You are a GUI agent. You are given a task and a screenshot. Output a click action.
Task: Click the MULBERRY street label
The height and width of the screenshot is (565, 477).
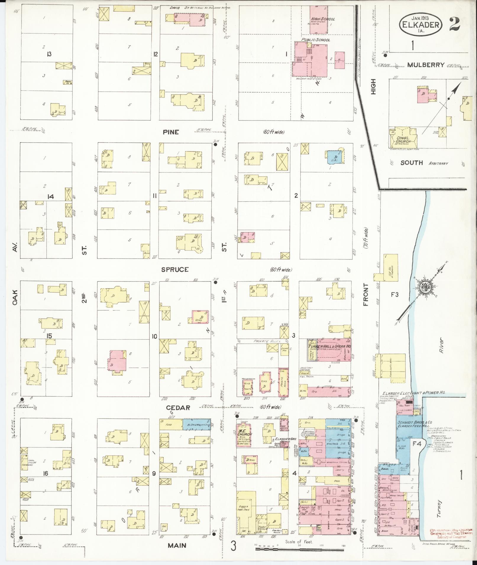426,65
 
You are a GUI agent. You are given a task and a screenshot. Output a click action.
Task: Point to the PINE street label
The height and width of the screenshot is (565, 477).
171,132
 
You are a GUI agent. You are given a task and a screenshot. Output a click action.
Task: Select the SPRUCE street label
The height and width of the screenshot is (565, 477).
175,269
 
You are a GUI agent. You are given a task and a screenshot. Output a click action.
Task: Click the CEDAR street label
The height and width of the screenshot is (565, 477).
178,408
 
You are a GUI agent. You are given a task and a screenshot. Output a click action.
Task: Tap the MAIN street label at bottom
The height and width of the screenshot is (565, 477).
177,545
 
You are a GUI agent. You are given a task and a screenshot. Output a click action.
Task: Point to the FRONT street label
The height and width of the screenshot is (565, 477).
366,294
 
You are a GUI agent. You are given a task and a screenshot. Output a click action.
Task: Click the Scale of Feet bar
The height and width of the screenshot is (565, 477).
299,549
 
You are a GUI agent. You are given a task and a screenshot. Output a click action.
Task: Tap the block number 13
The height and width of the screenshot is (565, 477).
49,54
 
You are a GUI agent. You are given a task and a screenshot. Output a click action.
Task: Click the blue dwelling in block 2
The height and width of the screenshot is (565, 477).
334,157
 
